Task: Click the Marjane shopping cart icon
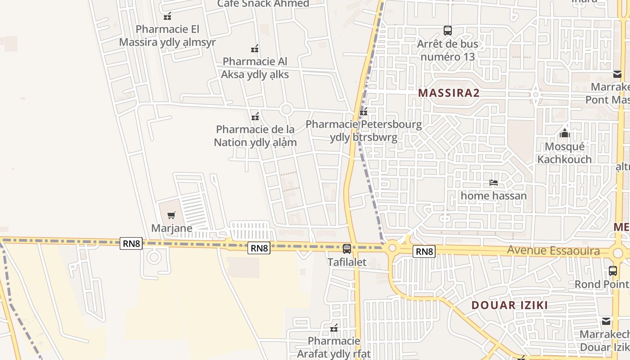(x=171, y=216)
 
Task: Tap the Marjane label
(x=171, y=228)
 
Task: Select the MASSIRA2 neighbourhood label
(x=449, y=93)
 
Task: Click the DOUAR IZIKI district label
(x=509, y=305)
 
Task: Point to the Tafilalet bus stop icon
(x=346, y=249)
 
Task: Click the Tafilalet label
(x=346, y=262)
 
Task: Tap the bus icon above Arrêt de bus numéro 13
(x=447, y=31)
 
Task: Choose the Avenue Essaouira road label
(x=553, y=251)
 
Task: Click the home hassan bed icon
(x=494, y=183)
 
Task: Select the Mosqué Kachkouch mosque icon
(x=564, y=133)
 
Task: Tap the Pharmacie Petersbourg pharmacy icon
(x=364, y=112)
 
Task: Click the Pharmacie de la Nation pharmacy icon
(x=255, y=117)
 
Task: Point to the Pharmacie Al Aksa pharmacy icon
(x=255, y=49)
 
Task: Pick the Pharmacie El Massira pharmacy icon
(x=167, y=16)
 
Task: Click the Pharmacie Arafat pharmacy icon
(x=334, y=328)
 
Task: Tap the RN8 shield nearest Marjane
(x=131, y=244)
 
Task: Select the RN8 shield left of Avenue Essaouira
(x=424, y=252)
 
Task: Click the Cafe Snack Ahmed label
(x=263, y=4)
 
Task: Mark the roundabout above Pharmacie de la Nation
(x=286, y=109)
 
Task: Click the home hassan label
(x=494, y=196)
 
